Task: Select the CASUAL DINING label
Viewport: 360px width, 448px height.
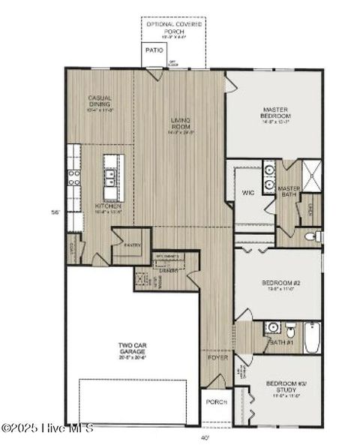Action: point(99,101)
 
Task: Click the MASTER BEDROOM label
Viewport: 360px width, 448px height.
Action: point(275,112)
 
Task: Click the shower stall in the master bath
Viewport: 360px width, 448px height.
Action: point(310,173)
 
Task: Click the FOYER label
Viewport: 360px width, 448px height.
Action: point(217,357)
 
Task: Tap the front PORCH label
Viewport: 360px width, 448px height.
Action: point(216,402)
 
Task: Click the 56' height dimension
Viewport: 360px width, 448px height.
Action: point(54,212)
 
